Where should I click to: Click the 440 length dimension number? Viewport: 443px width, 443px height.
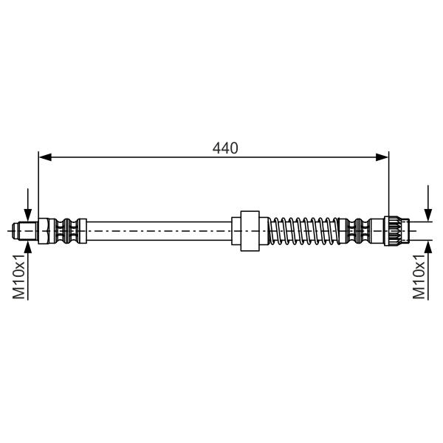[x=225, y=148]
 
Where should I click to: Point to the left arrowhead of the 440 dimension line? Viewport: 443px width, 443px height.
[x=45, y=157]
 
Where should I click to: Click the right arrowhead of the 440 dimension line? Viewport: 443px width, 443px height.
[x=382, y=157]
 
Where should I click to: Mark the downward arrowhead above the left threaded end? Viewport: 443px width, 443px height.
[x=28, y=215]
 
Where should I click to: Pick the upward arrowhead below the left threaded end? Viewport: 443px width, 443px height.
[x=28, y=247]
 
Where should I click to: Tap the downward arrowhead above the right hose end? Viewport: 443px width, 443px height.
[x=428, y=215]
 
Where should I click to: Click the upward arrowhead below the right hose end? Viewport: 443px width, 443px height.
[x=428, y=247]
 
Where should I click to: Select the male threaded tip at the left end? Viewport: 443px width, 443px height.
[x=25, y=231]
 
